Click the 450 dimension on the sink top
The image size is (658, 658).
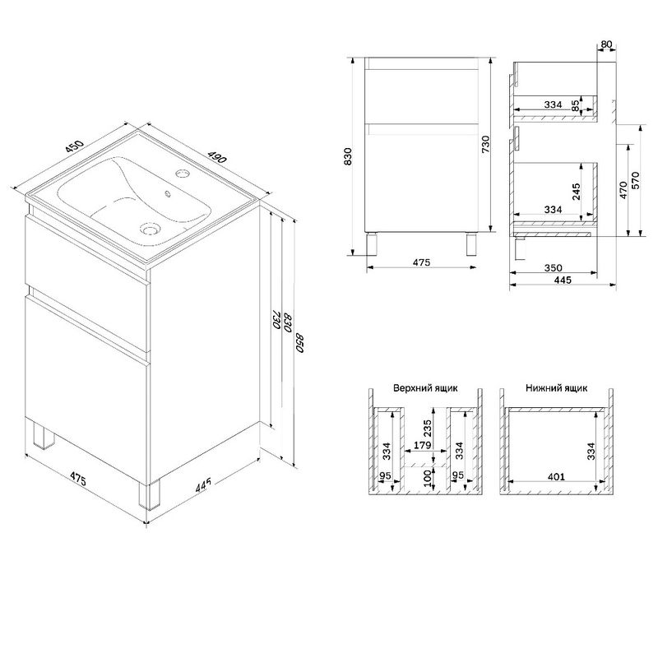click(75, 146)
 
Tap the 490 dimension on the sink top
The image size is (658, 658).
click(216, 157)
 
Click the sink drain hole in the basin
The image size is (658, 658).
click(149, 229)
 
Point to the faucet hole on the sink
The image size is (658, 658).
click(183, 173)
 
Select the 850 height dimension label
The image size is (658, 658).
click(299, 343)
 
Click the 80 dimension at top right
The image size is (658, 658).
click(606, 44)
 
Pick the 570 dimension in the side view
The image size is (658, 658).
click(635, 180)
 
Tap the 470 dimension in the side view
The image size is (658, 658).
click(623, 190)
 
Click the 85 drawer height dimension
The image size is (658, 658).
click(577, 105)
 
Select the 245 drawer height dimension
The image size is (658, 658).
click(577, 192)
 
